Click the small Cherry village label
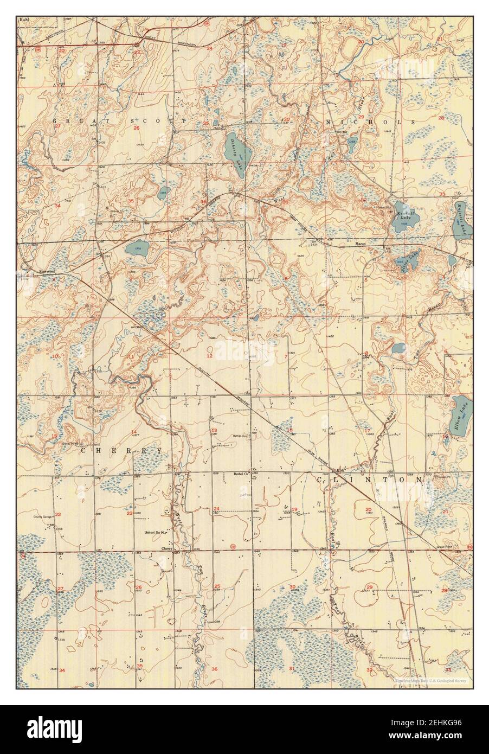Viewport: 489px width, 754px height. coord(166,548)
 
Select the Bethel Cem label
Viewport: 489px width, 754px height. coord(240,435)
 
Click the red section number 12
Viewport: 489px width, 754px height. coord(209,356)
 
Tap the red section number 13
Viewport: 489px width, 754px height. coord(214,430)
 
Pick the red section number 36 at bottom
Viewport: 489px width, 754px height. coord(214,669)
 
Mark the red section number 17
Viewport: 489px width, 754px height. coord(367,430)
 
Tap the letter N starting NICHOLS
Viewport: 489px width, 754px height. coord(328,123)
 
